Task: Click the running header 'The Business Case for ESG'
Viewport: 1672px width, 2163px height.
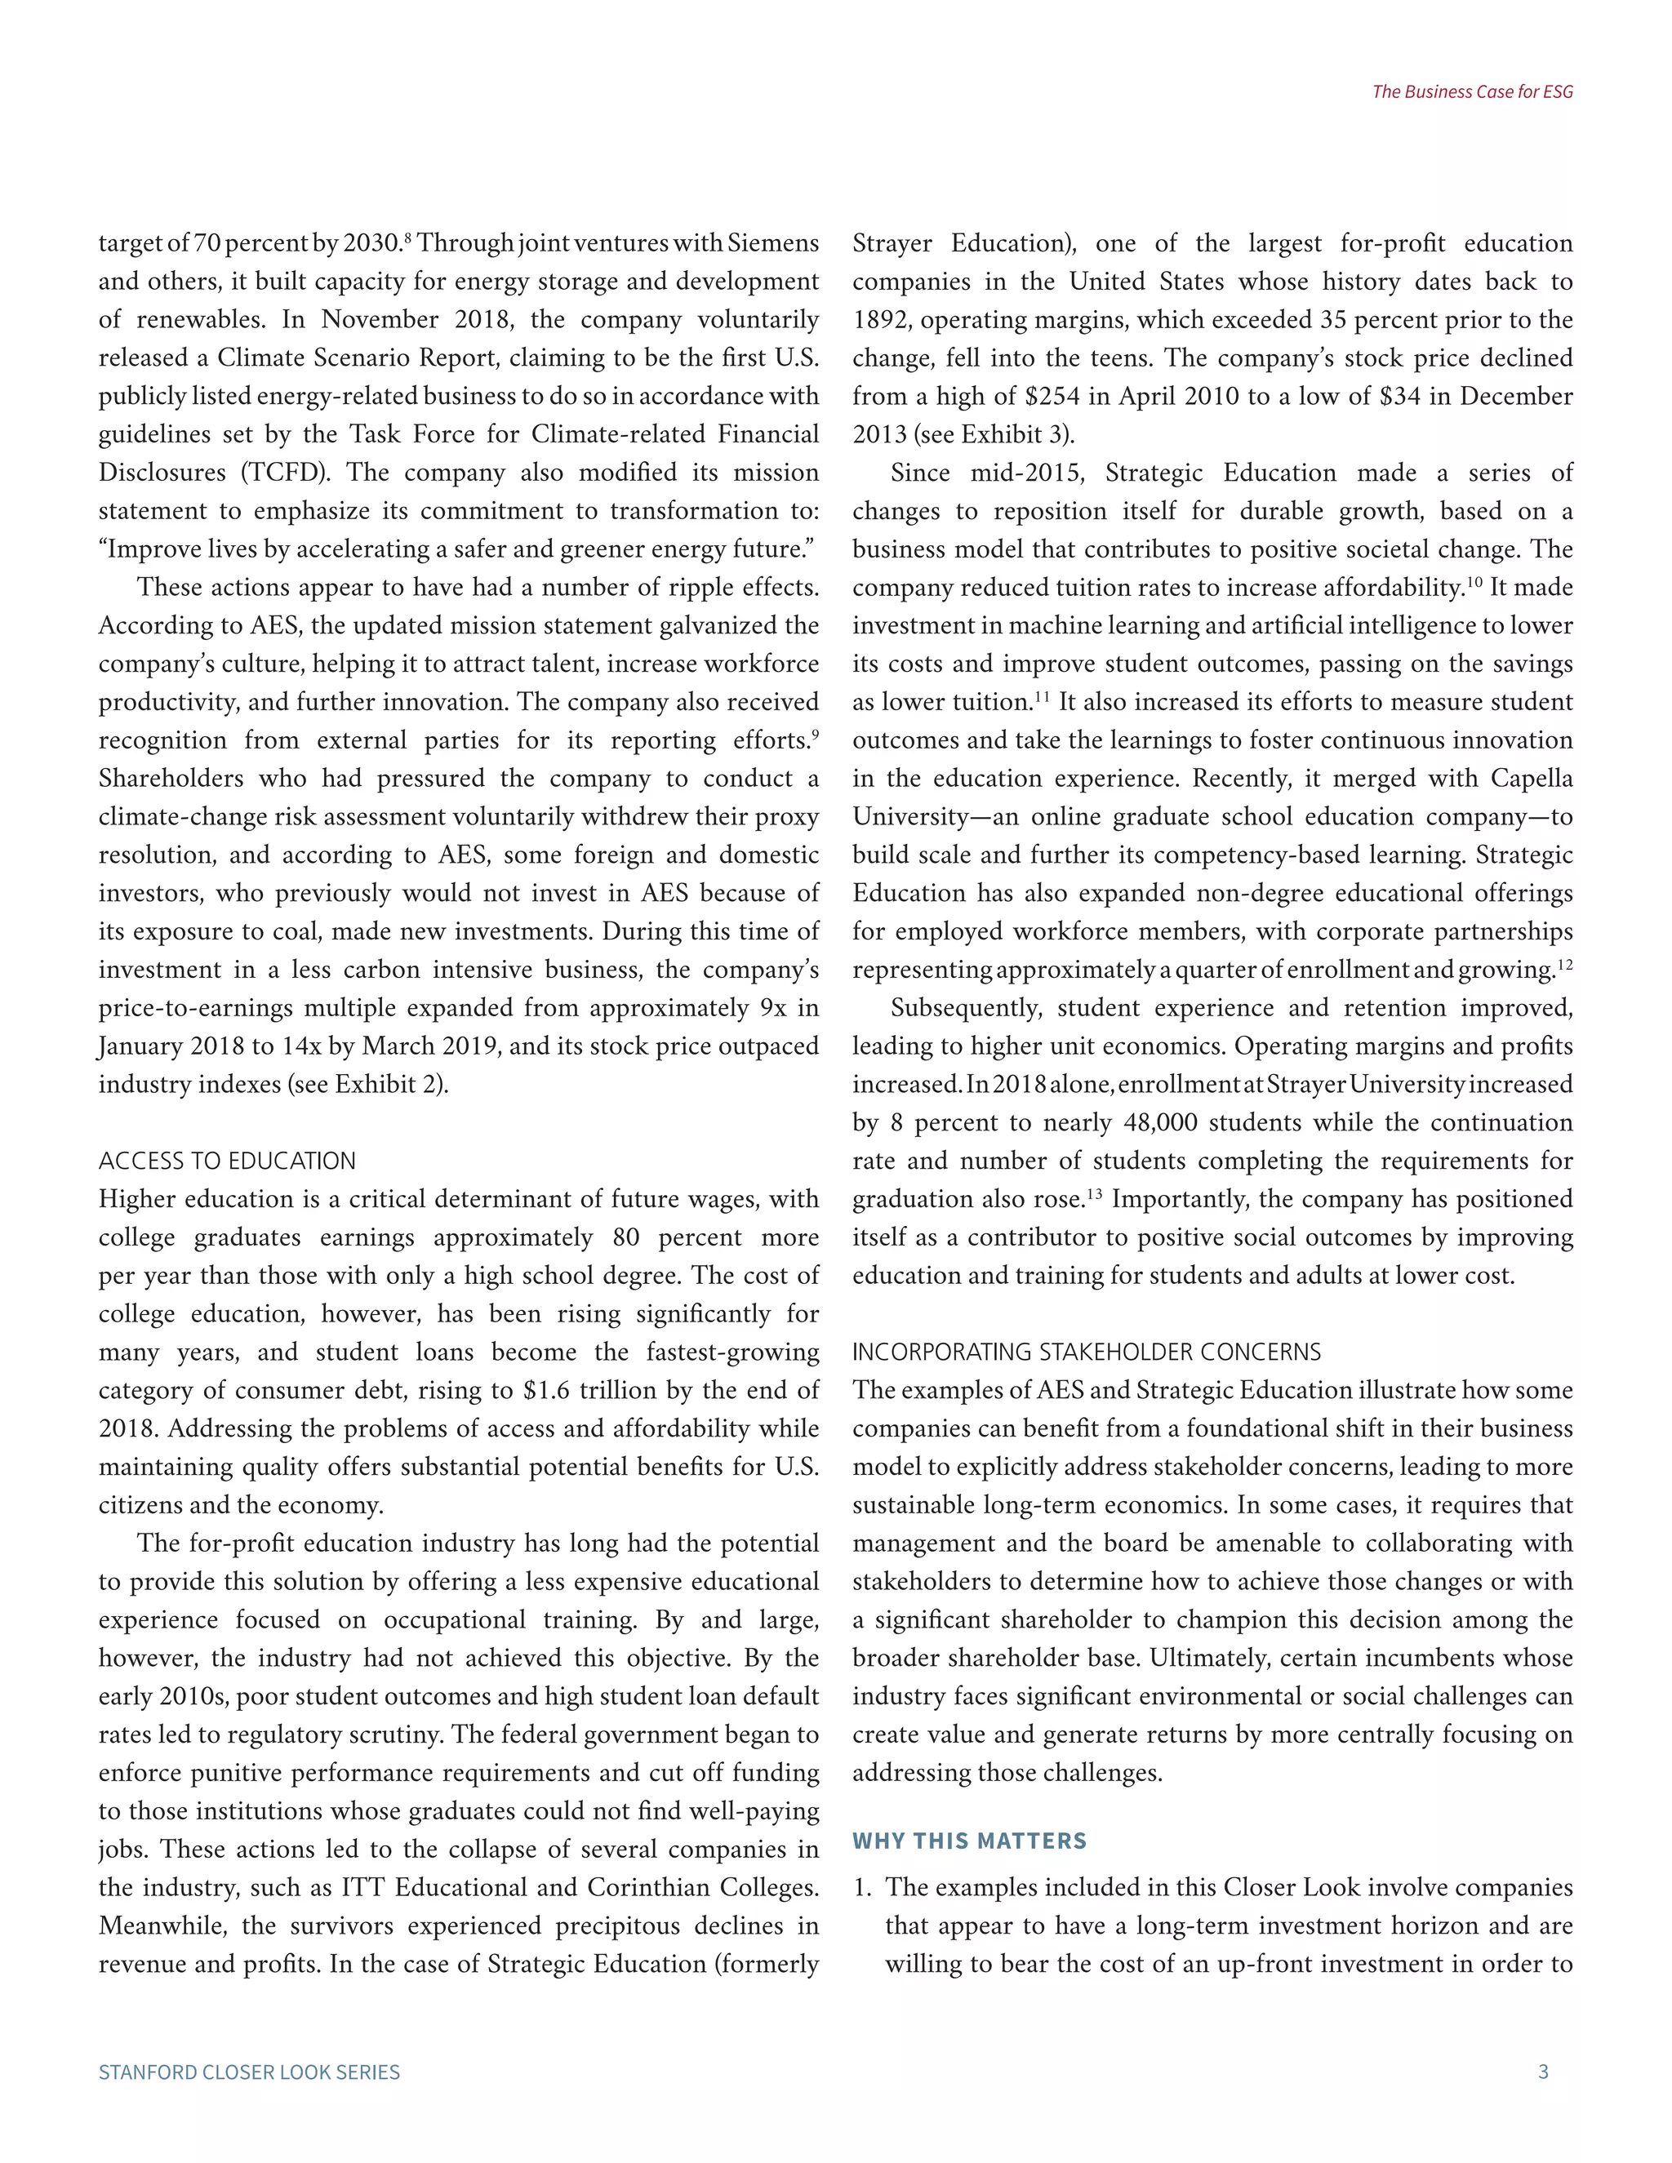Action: click(x=1472, y=92)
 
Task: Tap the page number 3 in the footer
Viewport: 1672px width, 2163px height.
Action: click(x=1542, y=2072)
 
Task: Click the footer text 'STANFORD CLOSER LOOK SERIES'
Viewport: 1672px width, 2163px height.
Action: click(x=250, y=2072)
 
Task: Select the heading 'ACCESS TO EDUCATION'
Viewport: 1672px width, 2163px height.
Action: click(x=227, y=1161)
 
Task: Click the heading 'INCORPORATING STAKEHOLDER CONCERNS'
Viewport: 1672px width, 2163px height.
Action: click(x=1087, y=1352)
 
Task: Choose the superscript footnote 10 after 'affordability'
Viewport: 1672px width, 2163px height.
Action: click(x=1473, y=581)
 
